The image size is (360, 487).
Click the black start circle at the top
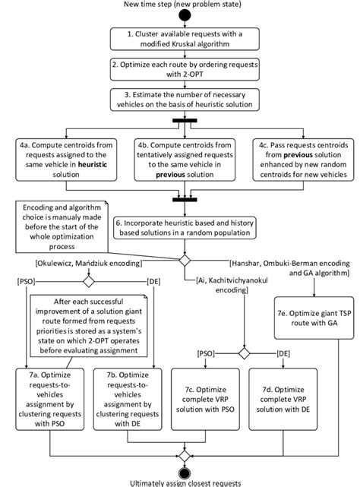click(180, 17)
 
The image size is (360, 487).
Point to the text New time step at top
click(180, 5)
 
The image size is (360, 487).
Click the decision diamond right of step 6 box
click(182, 260)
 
